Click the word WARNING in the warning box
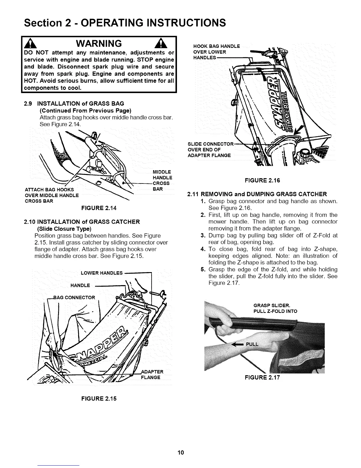(99, 44)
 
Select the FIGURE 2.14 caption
(99, 208)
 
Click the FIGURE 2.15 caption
(99, 398)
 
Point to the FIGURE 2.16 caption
(262, 180)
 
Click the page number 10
(180, 452)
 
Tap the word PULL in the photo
(252, 344)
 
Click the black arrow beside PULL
(238, 344)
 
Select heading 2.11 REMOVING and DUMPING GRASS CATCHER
(257, 194)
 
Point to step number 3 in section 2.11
(203, 235)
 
